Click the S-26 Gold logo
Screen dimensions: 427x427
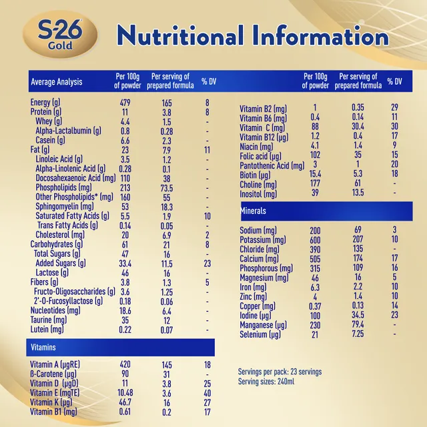pos(60,34)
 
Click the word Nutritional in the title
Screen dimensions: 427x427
pos(180,35)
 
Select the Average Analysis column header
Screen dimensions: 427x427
pos(56,81)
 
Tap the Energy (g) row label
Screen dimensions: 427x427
pos(45,102)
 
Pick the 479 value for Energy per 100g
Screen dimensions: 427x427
pos(125,103)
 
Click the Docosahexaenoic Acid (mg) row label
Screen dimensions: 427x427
pos(75,178)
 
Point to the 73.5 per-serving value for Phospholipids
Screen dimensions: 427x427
pos(167,188)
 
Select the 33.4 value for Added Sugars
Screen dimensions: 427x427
pos(125,264)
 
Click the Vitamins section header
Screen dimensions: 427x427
pos(43,347)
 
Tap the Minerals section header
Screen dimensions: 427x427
pos(254,211)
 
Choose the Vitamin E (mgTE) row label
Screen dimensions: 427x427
pos(55,393)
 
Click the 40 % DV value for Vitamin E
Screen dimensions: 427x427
pos(207,393)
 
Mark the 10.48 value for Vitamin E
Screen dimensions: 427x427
pos(125,393)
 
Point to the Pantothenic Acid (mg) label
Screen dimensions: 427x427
pos(272,165)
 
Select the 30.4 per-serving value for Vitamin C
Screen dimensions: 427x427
pos(358,126)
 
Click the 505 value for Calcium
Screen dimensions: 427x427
pos(315,259)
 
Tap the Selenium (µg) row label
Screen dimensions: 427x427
pos(260,334)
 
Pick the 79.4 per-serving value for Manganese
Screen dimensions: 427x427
pos(358,325)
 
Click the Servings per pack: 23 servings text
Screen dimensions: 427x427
pos(280,372)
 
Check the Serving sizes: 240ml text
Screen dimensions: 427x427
pos(266,382)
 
